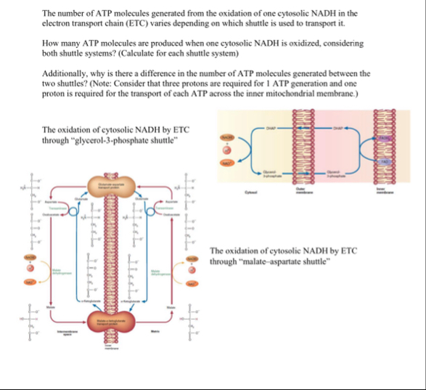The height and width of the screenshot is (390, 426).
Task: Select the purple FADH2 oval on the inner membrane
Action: (x=383, y=137)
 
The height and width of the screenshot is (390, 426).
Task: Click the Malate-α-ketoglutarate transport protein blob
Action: (x=106, y=323)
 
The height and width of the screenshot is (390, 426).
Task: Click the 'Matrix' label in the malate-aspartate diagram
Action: (x=154, y=330)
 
